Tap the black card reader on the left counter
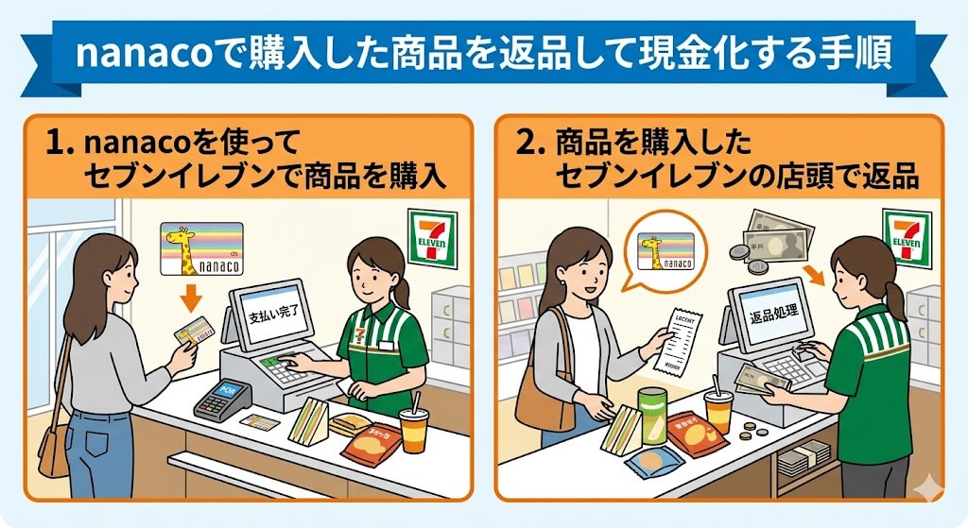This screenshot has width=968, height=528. [220, 400]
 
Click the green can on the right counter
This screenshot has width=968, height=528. [652, 416]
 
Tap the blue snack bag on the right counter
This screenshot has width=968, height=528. [650, 463]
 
